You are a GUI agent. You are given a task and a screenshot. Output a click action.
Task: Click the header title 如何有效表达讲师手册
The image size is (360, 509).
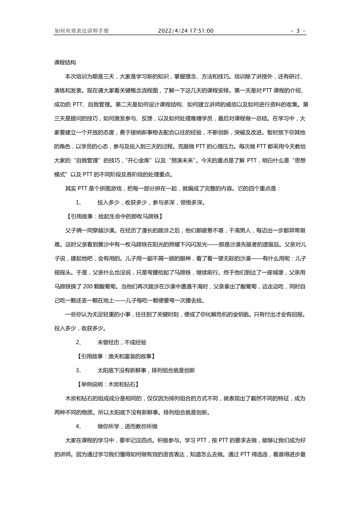click(82, 31)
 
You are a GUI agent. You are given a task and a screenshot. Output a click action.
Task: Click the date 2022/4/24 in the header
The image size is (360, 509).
click(172, 31)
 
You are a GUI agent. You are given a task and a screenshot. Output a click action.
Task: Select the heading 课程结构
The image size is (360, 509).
click(65, 62)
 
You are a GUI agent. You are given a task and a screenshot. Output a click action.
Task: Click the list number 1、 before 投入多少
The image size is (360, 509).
click(79, 202)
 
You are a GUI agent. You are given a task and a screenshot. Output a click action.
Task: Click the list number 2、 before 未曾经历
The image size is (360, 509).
click(79, 342)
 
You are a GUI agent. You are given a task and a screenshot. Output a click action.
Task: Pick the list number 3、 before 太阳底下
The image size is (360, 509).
click(79, 370)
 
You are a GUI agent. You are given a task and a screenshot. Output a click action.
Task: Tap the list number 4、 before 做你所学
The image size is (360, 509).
click(79, 426)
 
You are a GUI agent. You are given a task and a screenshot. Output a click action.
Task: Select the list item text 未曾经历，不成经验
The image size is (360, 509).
click(122, 342)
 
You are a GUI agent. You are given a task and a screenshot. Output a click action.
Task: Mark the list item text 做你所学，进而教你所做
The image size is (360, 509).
click(127, 426)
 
